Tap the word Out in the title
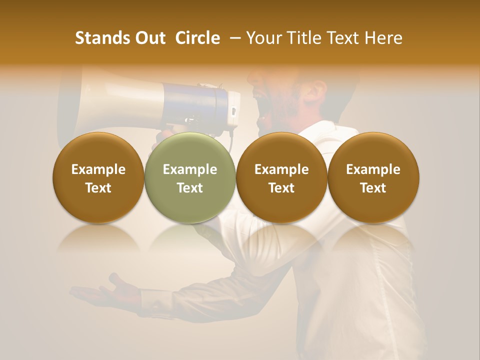[149, 38]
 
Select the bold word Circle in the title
[197, 38]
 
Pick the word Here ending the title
[383, 38]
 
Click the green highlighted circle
[190, 177]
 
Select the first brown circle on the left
[98, 177]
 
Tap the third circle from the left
[281, 177]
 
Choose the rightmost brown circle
[373, 177]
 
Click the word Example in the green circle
[190, 169]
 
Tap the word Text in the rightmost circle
[373, 188]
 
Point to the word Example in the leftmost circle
[98, 169]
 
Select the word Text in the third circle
[281, 188]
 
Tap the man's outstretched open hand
[102, 293]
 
